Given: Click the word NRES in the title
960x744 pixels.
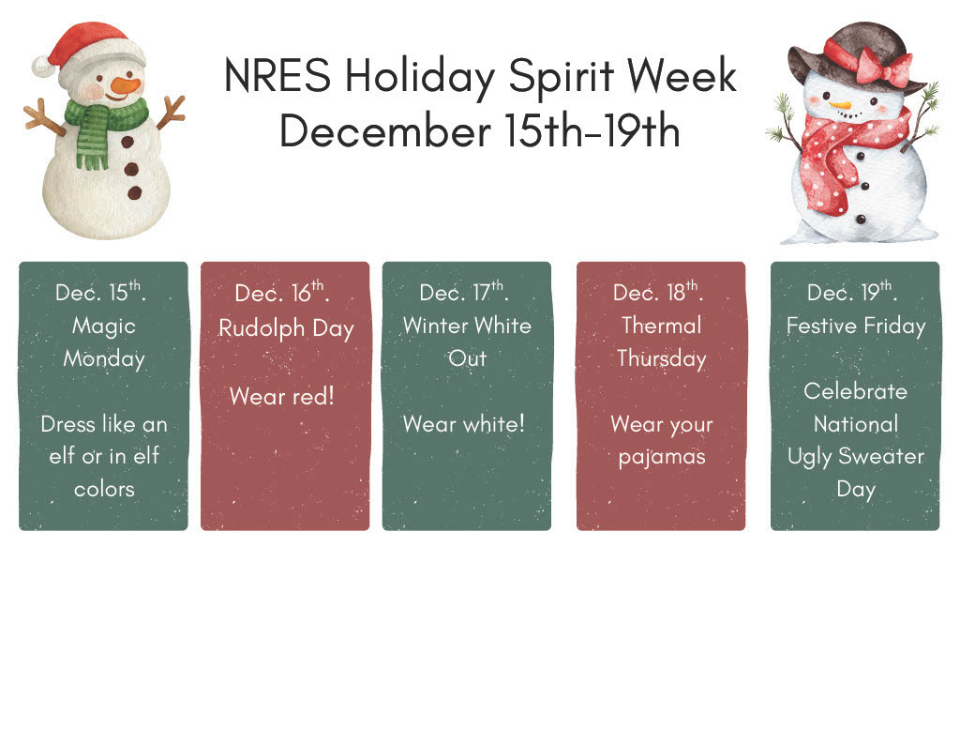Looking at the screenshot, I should tap(277, 76).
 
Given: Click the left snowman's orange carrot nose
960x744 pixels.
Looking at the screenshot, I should tap(125, 86).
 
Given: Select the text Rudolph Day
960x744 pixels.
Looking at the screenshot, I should tap(286, 328).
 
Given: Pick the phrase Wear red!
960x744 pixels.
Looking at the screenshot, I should tap(281, 396).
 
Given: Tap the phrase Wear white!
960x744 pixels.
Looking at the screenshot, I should tap(464, 424).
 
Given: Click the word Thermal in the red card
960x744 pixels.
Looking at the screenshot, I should tap(661, 326).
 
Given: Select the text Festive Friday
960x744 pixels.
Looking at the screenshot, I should tap(855, 326).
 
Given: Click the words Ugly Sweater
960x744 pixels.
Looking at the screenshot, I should tap(855, 457).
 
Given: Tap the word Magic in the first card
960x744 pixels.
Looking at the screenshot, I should tap(104, 326).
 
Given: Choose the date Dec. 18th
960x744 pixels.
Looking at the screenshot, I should tap(657, 292).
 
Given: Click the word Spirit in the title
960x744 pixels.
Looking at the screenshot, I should tap(567, 76).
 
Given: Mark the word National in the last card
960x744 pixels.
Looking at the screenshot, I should tap(855, 424).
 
